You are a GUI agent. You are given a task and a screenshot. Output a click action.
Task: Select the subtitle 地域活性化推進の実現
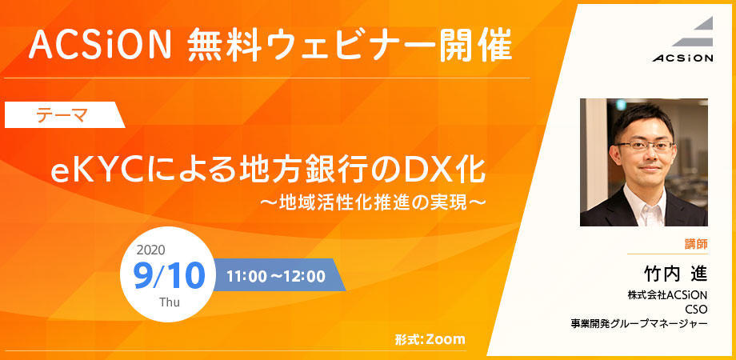click(372, 203)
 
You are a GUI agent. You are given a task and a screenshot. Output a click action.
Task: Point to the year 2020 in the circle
click(150, 250)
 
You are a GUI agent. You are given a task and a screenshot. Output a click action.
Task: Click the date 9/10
click(170, 276)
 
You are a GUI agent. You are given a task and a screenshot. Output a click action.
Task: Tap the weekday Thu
click(170, 302)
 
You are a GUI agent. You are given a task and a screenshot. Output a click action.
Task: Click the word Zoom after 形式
click(445, 339)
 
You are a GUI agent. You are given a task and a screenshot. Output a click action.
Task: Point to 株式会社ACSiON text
click(668, 295)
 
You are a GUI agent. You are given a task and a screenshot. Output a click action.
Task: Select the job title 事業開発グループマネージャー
click(639, 323)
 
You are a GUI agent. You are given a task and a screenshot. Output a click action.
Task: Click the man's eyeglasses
click(644, 146)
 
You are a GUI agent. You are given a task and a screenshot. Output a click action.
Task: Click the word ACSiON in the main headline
click(99, 46)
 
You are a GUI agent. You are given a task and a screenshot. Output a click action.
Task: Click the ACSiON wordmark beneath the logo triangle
click(682, 58)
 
